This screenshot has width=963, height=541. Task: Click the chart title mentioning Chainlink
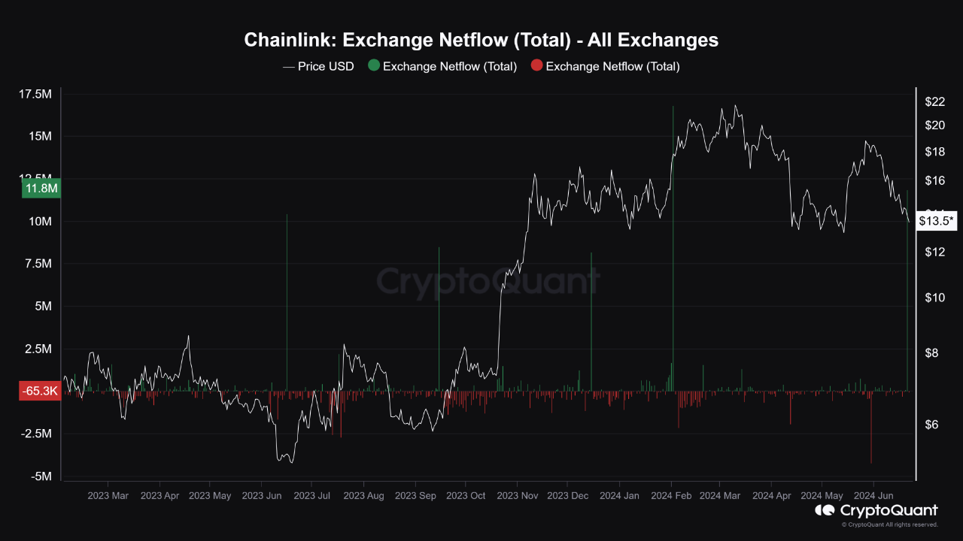[481, 40]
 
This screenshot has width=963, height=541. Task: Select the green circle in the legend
[374, 65]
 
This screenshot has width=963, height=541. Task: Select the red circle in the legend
[536, 65]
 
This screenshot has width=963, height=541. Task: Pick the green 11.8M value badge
[41, 189]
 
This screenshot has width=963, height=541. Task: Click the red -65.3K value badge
[41, 391]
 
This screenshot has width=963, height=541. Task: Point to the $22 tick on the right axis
[934, 101]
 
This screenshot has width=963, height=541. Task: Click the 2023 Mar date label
[108, 496]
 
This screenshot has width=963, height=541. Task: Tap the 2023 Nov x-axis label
[518, 496]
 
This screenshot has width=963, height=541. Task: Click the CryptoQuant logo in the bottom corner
[876, 511]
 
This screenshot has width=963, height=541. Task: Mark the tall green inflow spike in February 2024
[673, 248]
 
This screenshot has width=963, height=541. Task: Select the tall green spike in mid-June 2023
[287, 301]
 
